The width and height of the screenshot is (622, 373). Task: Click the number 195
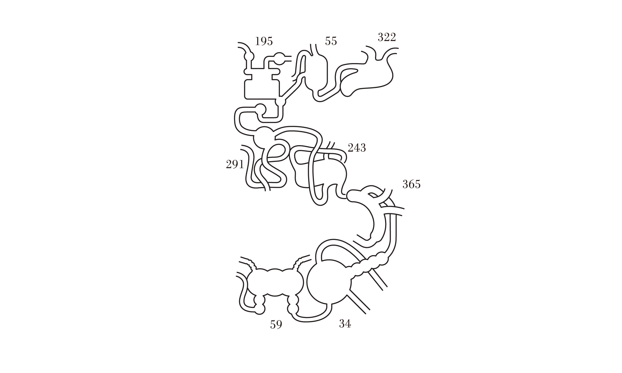pyautogui.click(x=264, y=41)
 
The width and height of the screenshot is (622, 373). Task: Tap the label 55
pyautogui.click(x=331, y=41)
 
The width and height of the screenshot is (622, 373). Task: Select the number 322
pyautogui.click(x=387, y=37)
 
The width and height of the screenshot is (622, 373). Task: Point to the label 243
pyautogui.click(x=357, y=148)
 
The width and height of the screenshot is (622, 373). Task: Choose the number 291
pyautogui.click(x=235, y=164)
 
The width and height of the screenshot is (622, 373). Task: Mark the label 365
pyautogui.click(x=411, y=184)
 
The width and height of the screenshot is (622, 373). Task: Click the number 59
pyautogui.click(x=276, y=325)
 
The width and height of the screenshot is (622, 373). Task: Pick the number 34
pyautogui.click(x=345, y=324)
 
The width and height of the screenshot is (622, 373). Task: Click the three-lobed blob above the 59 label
pyautogui.click(x=274, y=282)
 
